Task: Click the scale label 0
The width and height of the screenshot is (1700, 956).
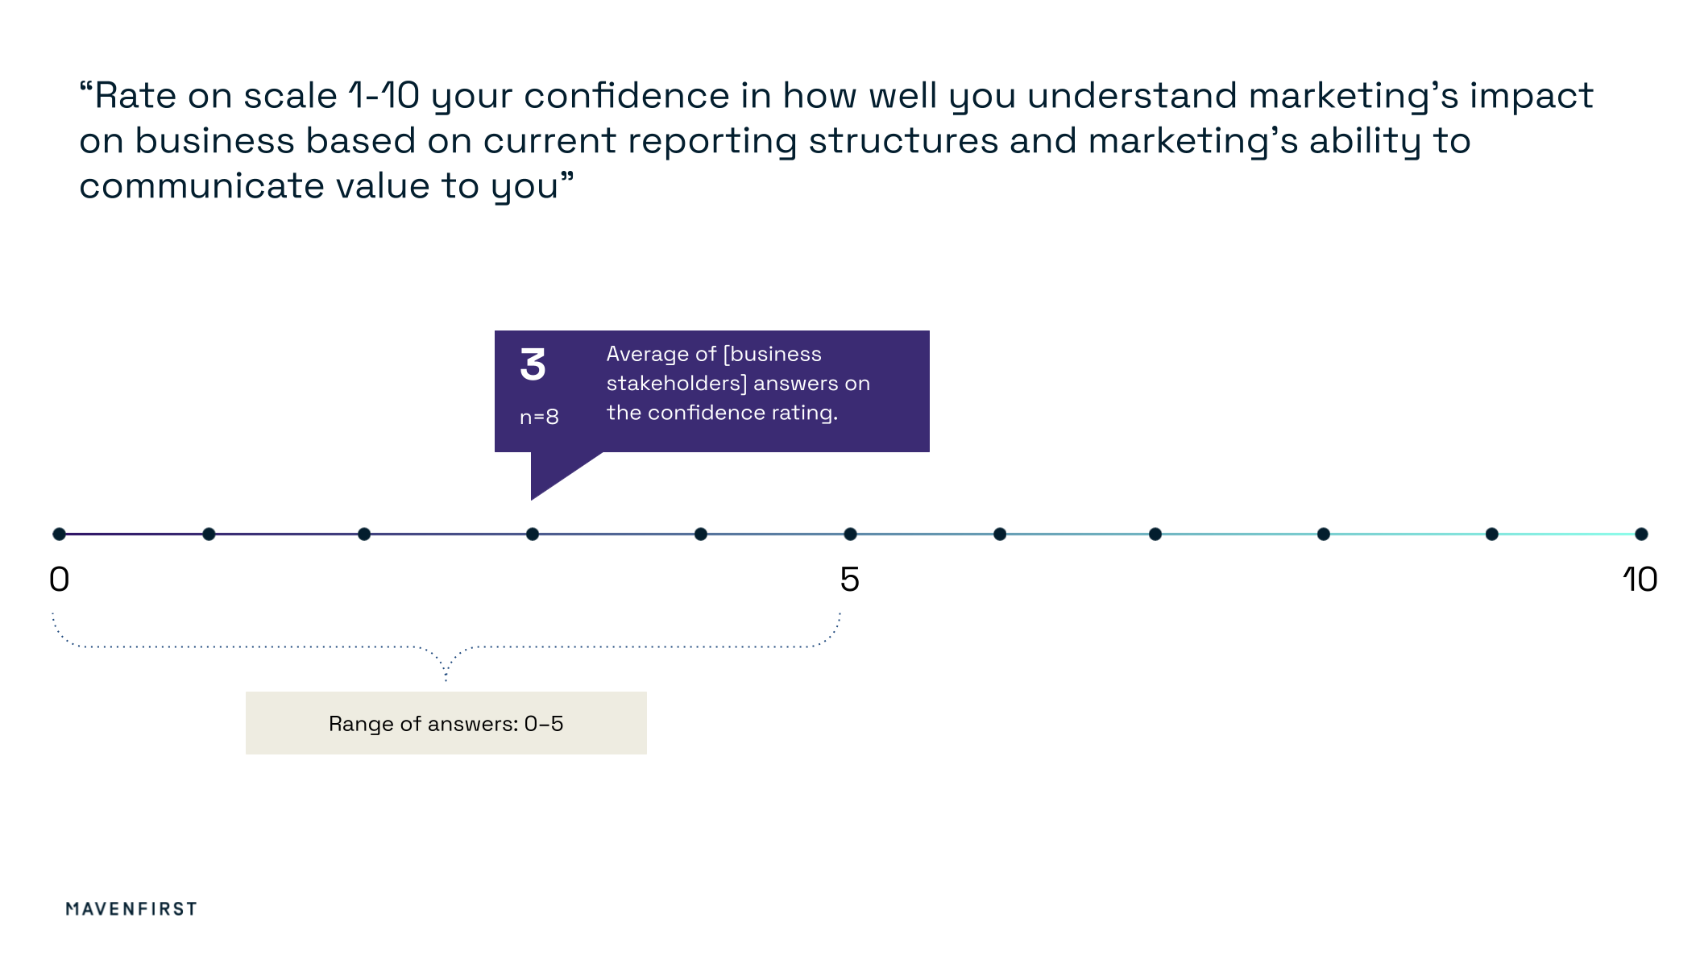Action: pyautogui.click(x=60, y=580)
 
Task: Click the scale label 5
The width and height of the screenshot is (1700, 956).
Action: pyautogui.click(x=850, y=580)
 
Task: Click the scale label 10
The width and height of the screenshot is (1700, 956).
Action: pyautogui.click(x=1640, y=580)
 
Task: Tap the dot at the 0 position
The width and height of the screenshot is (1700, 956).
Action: pyautogui.click(x=59, y=534)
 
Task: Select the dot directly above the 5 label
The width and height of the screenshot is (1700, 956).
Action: pyautogui.click(x=850, y=534)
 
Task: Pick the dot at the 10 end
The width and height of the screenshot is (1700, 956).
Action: pyautogui.click(x=1641, y=534)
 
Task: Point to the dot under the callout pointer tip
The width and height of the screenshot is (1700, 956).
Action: pyautogui.click(x=533, y=534)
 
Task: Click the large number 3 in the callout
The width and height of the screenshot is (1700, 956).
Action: pyautogui.click(x=533, y=364)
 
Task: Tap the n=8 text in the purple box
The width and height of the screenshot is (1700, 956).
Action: pyautogui.click(x=539, y=417)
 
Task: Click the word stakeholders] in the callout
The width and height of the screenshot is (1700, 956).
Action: pyautogui.click(x=677, y=384)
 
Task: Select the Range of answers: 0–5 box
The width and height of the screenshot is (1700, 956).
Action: pyautogui.click(x=446, y=723)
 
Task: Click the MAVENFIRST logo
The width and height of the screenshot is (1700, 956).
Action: pyautogui.click(x=131, y=908)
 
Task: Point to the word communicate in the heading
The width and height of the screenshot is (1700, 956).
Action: pyautogui.click(x=201, y=186)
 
